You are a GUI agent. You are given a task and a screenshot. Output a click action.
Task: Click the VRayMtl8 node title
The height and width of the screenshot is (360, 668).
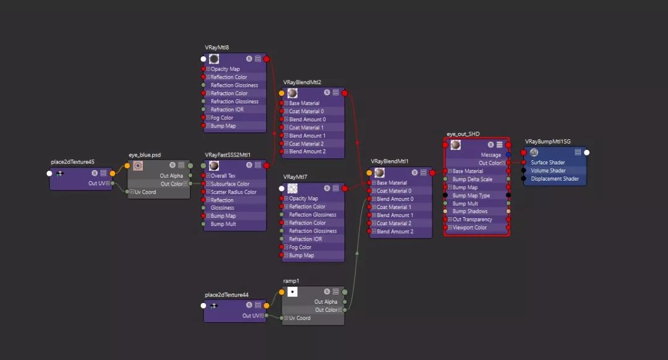(x=217, y=48)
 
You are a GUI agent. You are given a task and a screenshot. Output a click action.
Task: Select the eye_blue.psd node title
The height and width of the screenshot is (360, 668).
(x=144, y=155)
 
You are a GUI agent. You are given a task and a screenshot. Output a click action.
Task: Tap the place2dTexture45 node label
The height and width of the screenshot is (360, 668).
(x=72, y=162)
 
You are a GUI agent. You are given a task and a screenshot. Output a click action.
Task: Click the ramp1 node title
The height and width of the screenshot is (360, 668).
(x=291, y=281)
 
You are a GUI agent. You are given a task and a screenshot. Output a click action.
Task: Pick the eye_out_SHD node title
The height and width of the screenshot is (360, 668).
(x=463, y=134)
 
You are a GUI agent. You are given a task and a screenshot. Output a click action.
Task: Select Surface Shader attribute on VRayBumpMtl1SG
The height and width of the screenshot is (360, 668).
(x=548, y=163)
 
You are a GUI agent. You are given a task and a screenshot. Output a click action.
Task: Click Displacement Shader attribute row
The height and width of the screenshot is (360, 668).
(x=555, y=179)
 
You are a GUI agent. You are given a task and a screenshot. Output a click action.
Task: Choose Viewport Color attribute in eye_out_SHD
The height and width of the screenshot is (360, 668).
(x=469, y=228)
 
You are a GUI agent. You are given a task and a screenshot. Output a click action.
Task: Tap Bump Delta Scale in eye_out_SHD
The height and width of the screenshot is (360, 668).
(x=473, y=179)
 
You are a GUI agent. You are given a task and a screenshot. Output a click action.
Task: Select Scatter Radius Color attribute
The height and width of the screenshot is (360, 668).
(x=234, y=192)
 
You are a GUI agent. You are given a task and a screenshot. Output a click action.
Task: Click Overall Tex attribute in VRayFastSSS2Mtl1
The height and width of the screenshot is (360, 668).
(x=223, y=176)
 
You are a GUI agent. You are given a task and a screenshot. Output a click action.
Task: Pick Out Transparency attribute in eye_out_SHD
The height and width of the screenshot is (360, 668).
(x=473, y=220)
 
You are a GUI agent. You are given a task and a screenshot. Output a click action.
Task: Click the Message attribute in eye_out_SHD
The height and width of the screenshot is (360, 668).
(x=490, y=155)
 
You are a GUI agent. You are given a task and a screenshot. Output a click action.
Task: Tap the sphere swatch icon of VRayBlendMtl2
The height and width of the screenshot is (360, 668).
(x=293, y=93)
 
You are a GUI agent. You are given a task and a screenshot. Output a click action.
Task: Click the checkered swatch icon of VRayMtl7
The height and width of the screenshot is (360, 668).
(x=293, y=187)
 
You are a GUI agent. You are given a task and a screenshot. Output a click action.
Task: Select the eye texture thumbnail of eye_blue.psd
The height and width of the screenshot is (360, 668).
(x=138, y=166)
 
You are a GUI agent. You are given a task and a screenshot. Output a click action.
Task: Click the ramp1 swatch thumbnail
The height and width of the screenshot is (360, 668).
(x=293, y=292)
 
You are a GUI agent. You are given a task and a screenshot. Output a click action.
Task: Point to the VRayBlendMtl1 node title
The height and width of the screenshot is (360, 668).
(x=390, y=161)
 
